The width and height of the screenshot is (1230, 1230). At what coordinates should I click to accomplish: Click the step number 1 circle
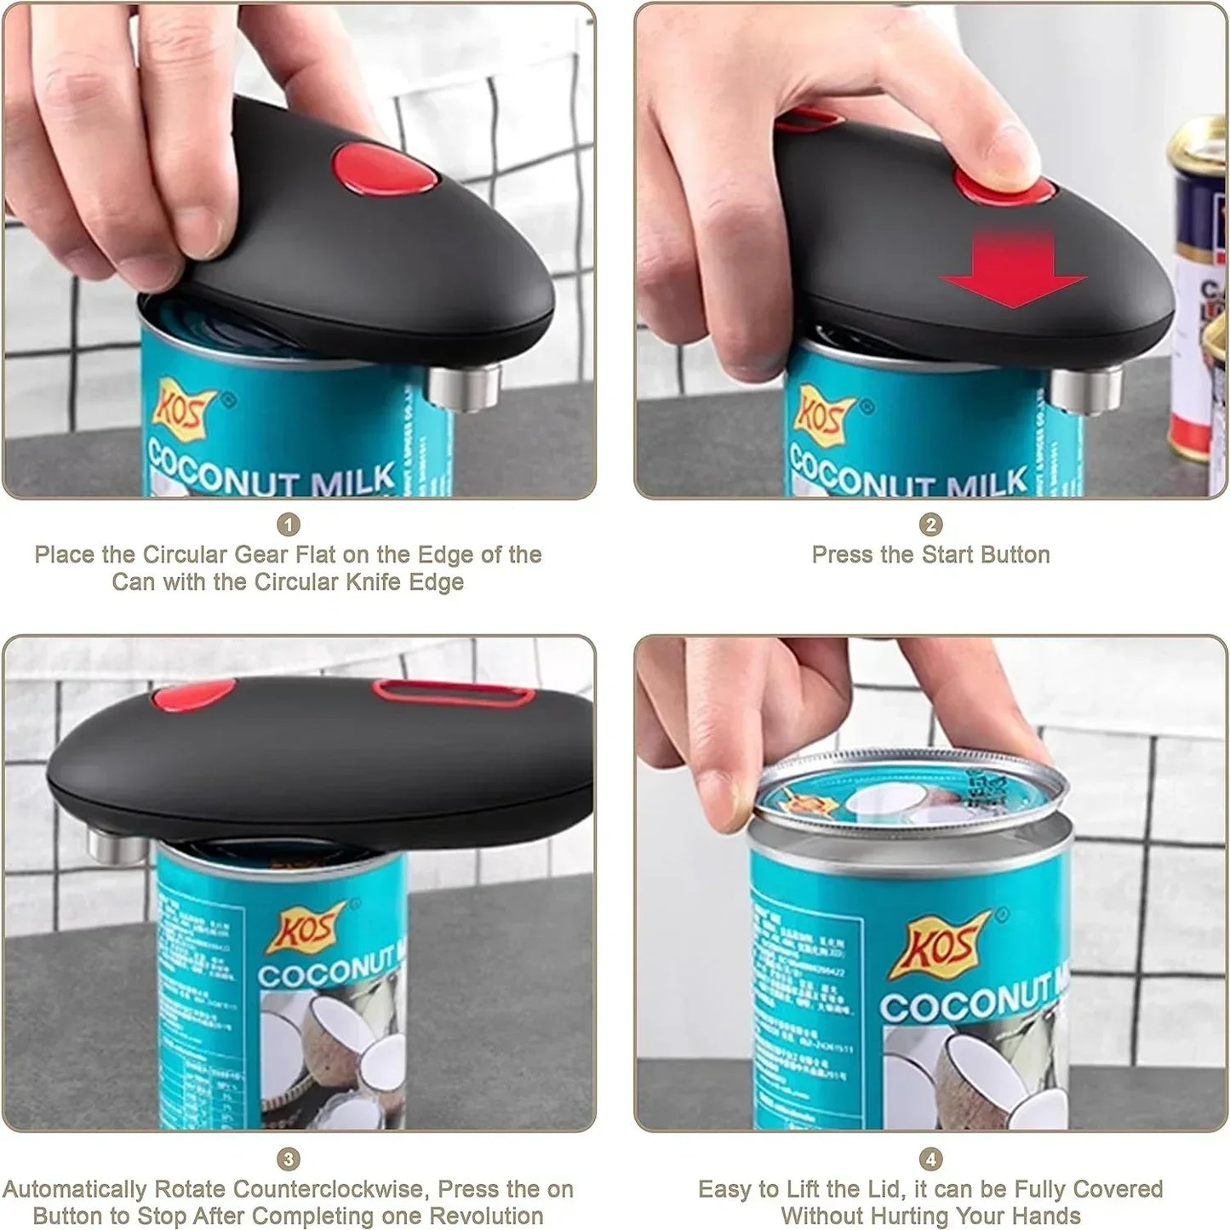[289, 524]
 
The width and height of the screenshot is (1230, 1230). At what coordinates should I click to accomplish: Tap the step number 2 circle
[930, 524]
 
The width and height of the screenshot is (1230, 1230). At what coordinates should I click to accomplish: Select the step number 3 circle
[289, 1159]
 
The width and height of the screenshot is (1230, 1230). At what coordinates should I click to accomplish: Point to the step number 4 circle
[930, 1159]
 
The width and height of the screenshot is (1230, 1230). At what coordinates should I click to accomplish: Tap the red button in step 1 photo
[382, 168]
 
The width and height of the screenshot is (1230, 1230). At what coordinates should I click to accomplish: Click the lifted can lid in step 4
[911, 787]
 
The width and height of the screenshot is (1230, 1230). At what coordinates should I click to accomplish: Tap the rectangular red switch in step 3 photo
[452, 694]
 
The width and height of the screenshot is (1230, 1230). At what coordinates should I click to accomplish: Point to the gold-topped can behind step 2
[1199, 289]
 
